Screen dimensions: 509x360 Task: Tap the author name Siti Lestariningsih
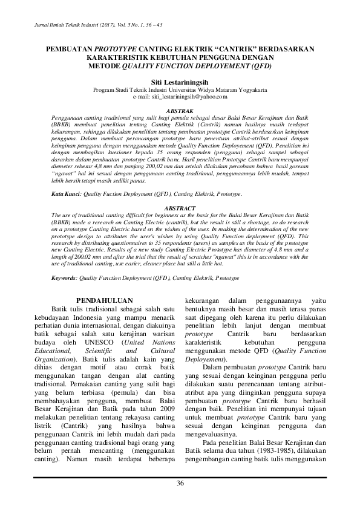tap(180, 80)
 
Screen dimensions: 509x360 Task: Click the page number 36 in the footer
tap(180, 482)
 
